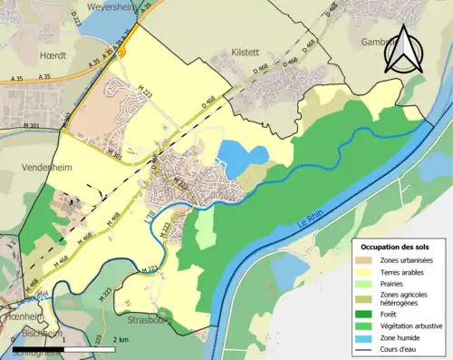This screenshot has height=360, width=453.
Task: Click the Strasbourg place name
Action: tap(147, 321)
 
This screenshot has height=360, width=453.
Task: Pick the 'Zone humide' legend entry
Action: tap(403, 334)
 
